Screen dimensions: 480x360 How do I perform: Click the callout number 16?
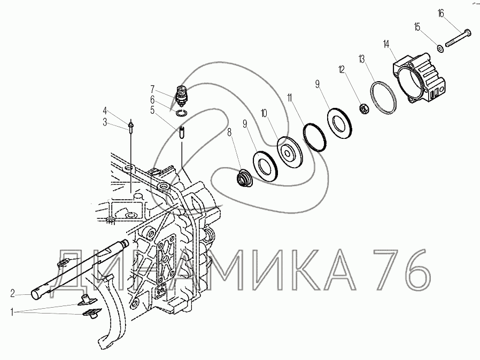click(x=441, y=14)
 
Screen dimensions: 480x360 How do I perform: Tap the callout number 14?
click(x=386, y=44)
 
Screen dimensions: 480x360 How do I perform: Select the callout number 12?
click(x=342, y=69)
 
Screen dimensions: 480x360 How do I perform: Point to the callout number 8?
click(x=230, y=132)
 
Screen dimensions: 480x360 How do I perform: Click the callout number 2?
click(x=12, y=294)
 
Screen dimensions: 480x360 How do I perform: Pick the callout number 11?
click(x=290, y=98)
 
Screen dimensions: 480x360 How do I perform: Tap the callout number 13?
click(x=362, y=59)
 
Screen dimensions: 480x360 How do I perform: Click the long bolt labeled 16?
click(x=458, y=37)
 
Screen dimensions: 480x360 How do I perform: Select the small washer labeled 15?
click(x=441, y=48)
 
